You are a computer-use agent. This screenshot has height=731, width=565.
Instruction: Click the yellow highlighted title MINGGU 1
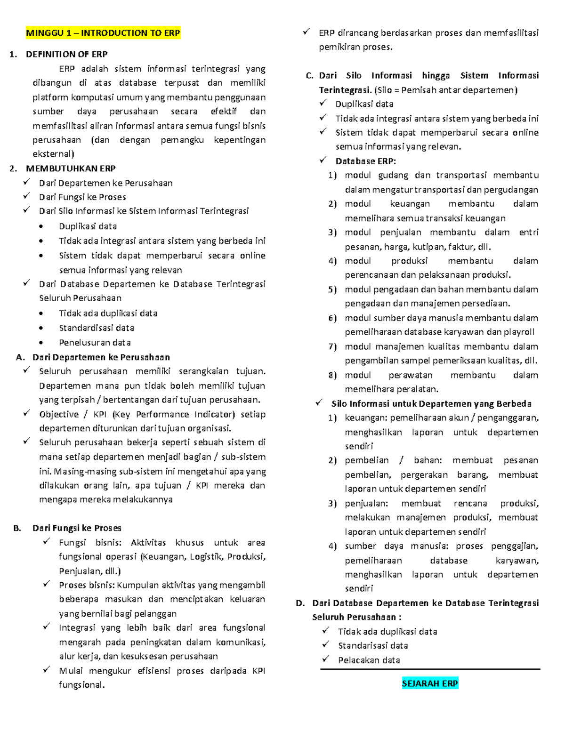103,33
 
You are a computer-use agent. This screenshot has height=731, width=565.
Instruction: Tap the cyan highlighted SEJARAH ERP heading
430,683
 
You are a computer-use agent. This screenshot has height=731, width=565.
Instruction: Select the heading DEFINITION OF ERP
66,54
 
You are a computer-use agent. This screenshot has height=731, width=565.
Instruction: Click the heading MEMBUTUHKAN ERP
71,169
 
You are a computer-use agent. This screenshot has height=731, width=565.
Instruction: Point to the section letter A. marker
20,357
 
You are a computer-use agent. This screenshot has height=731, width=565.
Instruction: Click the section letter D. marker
300,603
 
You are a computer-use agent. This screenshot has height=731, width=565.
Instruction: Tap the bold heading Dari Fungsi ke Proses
77,528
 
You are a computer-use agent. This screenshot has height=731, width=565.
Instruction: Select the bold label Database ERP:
365,161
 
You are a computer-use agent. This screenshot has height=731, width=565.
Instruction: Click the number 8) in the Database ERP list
332,375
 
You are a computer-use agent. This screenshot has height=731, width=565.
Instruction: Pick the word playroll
519,332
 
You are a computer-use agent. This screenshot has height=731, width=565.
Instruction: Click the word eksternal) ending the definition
53,154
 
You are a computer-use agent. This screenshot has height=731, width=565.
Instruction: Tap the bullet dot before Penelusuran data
41,343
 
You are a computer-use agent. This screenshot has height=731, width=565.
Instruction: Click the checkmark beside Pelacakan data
325,659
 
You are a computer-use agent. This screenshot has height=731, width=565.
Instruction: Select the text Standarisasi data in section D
373,646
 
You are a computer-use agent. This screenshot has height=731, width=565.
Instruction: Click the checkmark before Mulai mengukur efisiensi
46,670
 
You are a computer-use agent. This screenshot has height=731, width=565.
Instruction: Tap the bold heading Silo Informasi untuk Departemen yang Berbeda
431,404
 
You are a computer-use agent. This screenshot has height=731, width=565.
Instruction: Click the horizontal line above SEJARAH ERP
430,669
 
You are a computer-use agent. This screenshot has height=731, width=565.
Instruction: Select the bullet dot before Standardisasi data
41,329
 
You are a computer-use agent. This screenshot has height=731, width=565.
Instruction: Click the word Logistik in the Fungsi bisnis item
206,557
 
